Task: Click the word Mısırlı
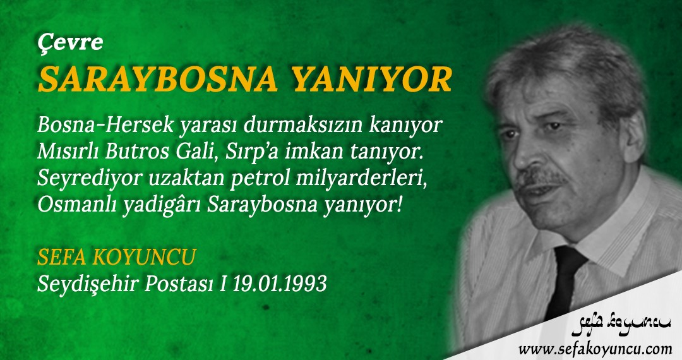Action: [69, 152]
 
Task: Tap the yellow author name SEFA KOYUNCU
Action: [117, 258]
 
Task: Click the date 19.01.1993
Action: [280, 284]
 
